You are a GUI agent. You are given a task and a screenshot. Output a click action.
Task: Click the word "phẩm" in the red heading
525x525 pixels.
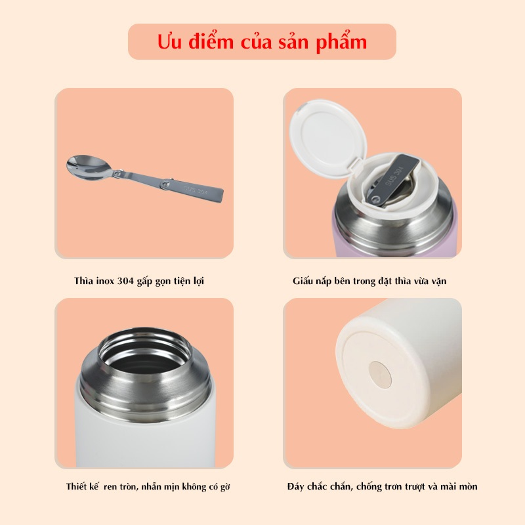pyautogui.click(x=341, y=43)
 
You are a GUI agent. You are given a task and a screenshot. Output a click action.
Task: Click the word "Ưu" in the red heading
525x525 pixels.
pyautogui.click(x=170, y=41)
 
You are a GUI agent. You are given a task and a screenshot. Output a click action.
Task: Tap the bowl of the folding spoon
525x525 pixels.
pyautogui.click(x=89, y=167)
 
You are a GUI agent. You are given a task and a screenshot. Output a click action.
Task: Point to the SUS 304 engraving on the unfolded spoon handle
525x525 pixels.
pyautogui.click(x=196, y=190)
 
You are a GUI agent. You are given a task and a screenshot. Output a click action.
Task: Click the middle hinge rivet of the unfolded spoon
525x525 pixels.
pyautogui.click(x=165, y=183)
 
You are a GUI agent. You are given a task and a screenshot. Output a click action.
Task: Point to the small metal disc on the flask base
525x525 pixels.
pyautogui.click(x=380, y=375)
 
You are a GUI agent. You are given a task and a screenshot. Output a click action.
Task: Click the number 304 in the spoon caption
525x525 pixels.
pyautogui.click(x=125, y=281)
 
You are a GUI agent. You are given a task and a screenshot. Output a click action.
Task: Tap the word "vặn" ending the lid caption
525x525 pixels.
pyautogui.click(x=439, y=282)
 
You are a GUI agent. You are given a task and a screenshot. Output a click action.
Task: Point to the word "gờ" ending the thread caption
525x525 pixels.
pyautogui.click(x=225, y=487)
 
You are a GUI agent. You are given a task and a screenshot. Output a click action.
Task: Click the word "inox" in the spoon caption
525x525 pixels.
pyautogui.click(x=105, y=281)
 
